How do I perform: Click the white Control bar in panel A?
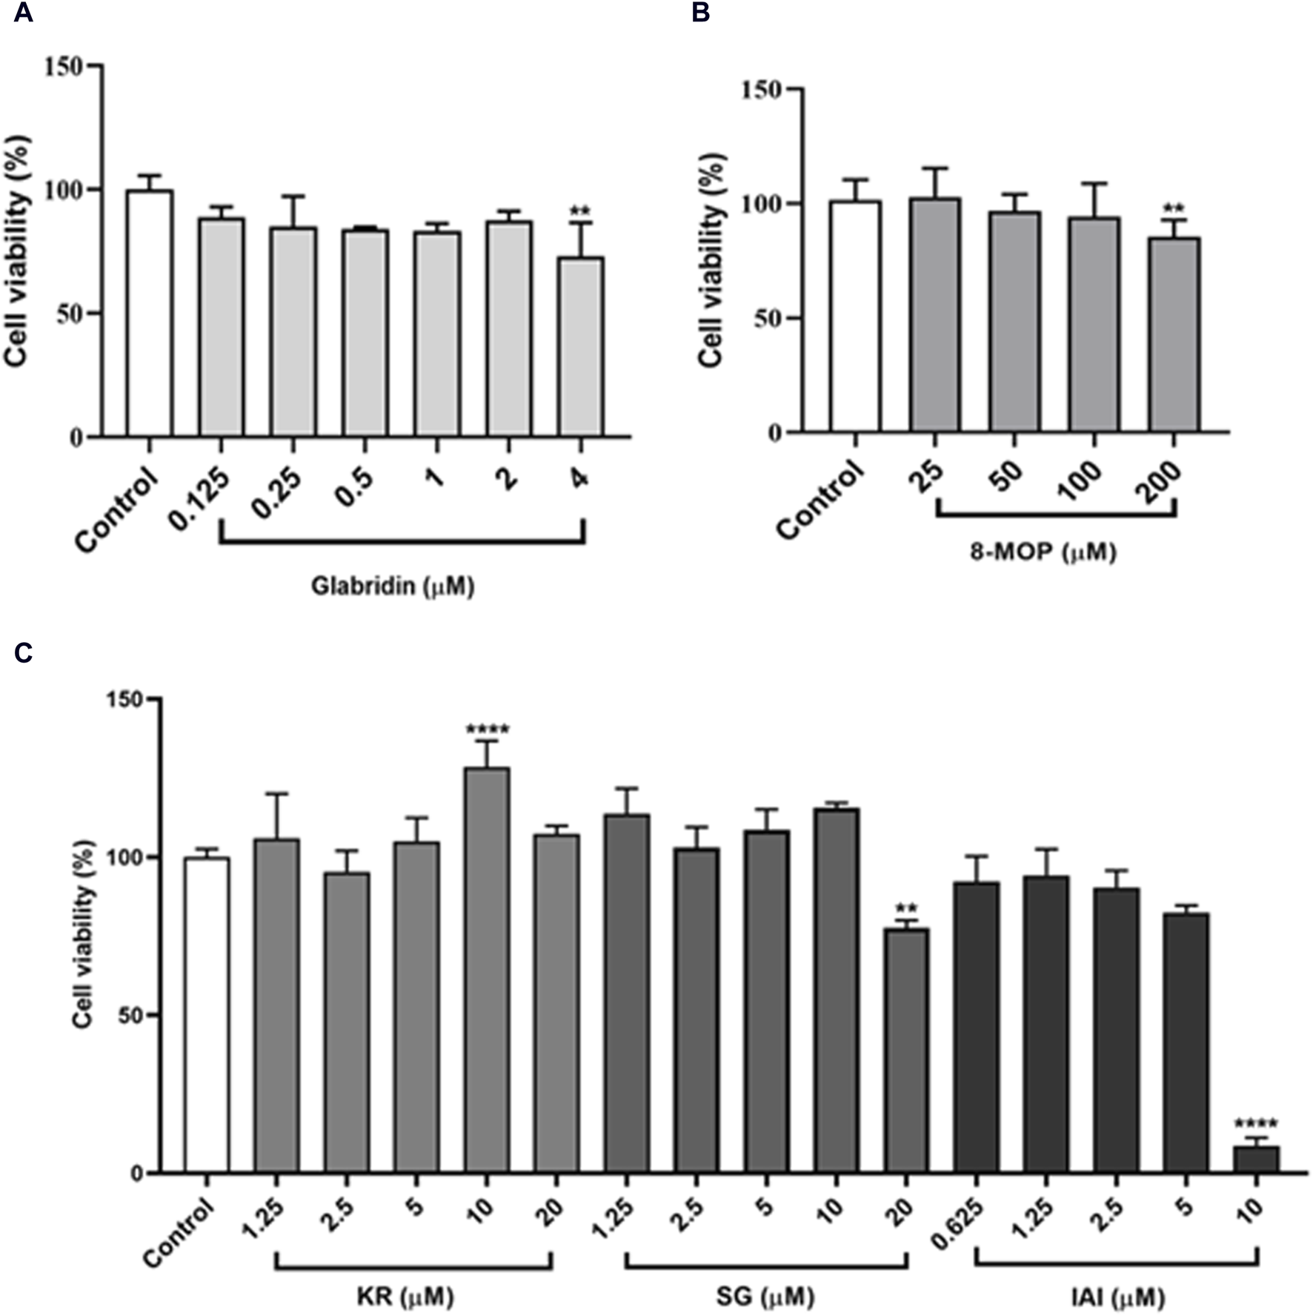pos(149,313)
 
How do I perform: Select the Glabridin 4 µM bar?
pos(580,346)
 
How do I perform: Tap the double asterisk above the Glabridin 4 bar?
pos(580,212)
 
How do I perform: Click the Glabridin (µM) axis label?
pos(392,586)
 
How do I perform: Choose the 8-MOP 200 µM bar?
pos(1174,334)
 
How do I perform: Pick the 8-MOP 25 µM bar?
pos(936,315)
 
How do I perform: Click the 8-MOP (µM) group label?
pos(1042,552)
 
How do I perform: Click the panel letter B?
pos(700,13)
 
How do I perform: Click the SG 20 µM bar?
pos(906,1051)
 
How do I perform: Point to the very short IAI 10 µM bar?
pos(1257,1160)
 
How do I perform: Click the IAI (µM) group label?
pos(1118,1297)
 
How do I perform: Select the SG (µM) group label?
pos(765,1297)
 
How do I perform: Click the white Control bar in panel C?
pos(207,1016)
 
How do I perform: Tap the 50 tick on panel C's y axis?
pos(131,1016)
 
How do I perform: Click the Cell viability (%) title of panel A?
pos(16,250)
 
